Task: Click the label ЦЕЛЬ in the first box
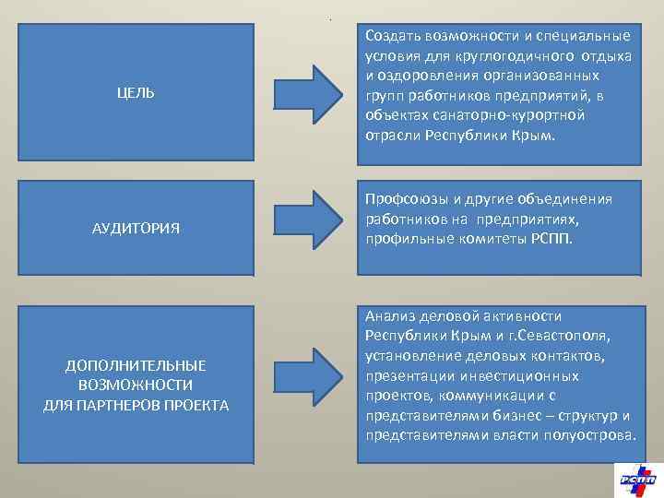point(136,93)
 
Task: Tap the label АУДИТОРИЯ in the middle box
point(136,227)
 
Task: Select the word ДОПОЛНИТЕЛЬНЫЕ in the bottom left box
point(136,366)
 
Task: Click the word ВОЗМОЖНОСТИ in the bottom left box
point(136,385)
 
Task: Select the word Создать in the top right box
point(391,36)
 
